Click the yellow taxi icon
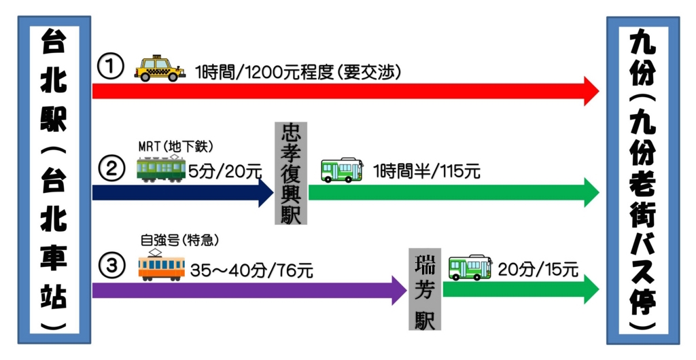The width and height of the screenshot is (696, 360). pyautogui.click(x=160, y=69)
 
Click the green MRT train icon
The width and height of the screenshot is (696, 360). pyautogui.click(x=161, y=168)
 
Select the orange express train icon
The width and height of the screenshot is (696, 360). pyautogui.click(x=161, y=266)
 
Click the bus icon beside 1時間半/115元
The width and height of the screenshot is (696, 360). pyautogui.click(x=342, y=169)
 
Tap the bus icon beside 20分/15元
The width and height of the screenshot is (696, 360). pyautogui.click(x=470, y=268)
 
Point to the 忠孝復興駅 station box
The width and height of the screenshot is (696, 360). pyautogui.click(x=290, y=173)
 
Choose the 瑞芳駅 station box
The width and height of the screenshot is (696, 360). pyautogui.click(x=425, y=289)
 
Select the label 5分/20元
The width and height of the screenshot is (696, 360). pyautogui.click(x=225, y=171)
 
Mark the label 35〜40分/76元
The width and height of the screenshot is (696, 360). pyautogui.click(x=251, y=270)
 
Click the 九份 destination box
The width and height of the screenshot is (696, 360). pyautogui.click(x=642, y=179)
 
